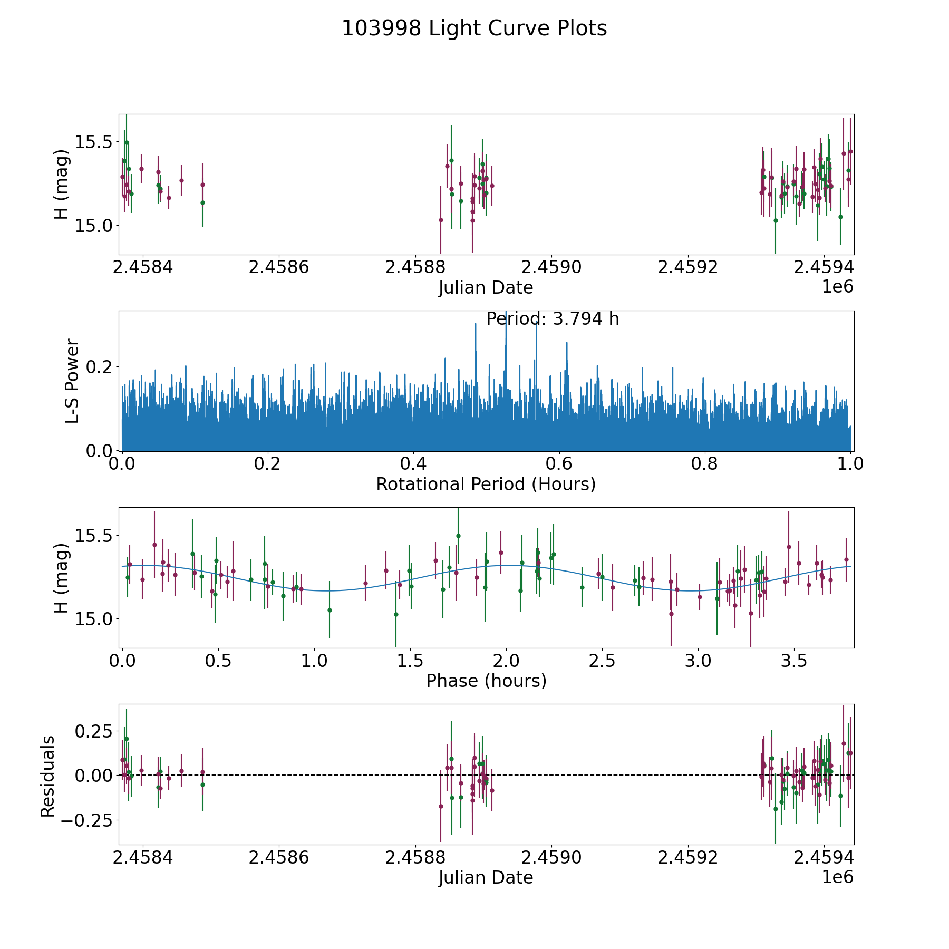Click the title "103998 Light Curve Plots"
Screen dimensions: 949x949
click(475, 28)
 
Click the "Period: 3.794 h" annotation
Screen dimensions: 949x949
click(553, 319)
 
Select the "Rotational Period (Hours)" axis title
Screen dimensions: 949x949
click(486, 484)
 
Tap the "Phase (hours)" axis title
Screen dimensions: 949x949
click(486, 681)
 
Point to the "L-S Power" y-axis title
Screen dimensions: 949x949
click(72, 381)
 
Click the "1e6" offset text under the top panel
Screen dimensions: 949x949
click(838, 287)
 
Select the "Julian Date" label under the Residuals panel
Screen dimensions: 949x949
click(486, 877)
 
